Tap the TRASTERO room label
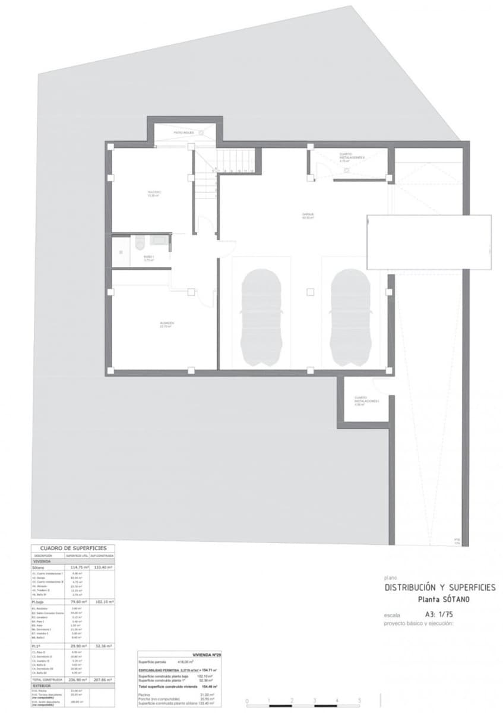click(x=154, y=193)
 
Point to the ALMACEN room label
click(x=166, y=324)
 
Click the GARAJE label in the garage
click(x=308, y=216)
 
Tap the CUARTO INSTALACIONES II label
click(x=348, y=157)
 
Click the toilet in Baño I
click(x=140, y=242)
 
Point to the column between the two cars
click(x=309, y=292)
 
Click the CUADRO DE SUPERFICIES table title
click(x=73, y=548)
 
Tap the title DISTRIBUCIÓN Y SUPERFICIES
click(x=440, y=588)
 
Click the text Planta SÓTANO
click(x=444, y=600)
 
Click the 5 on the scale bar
click(x=360, y=701)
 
